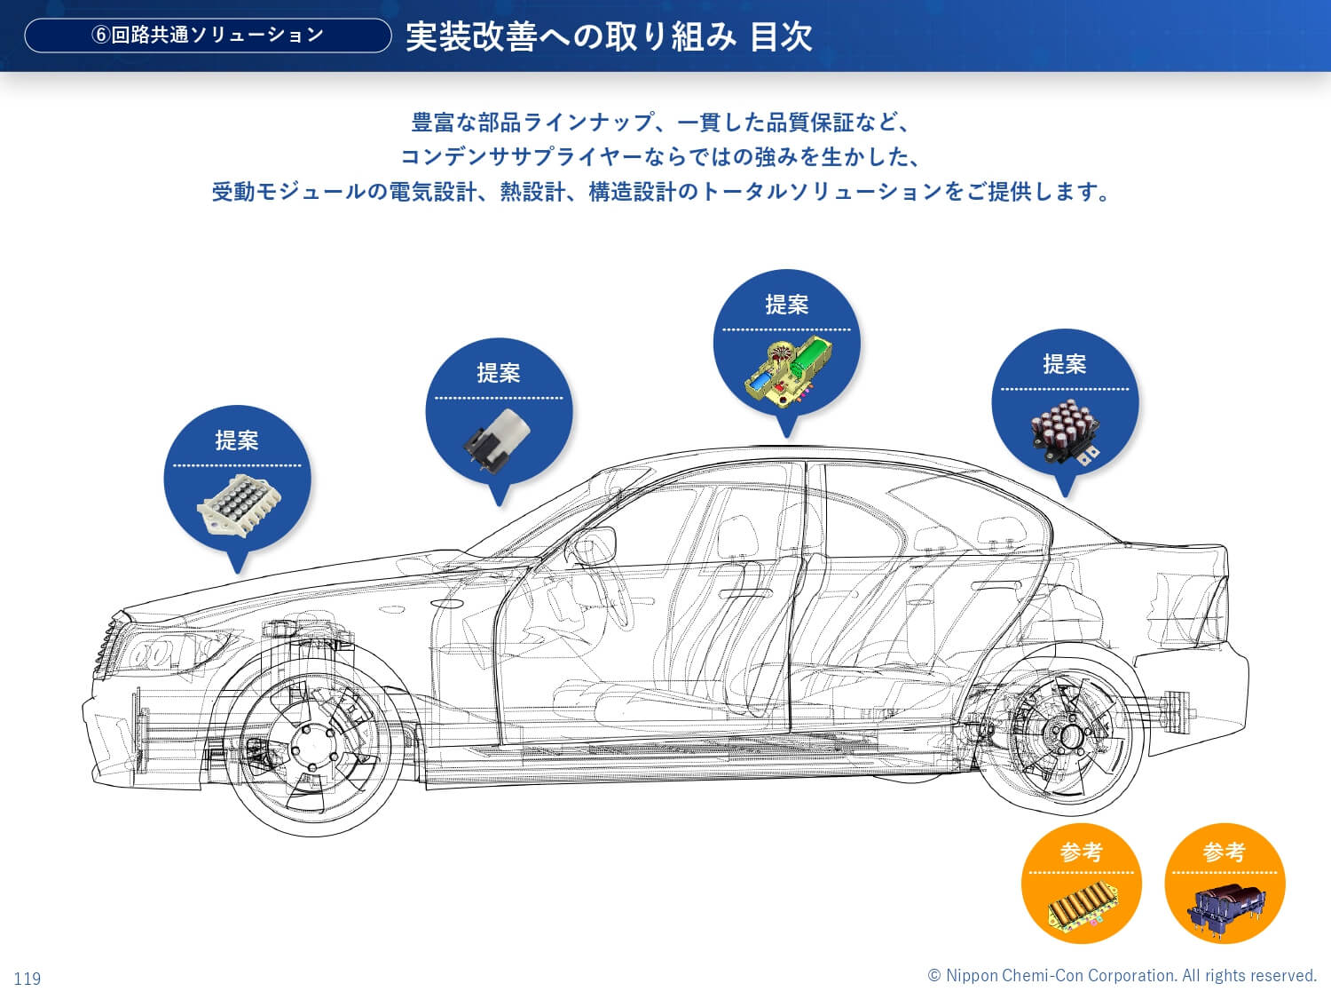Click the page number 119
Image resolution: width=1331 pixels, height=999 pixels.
pos(28,979)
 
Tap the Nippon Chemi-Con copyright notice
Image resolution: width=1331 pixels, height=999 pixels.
pos(1122,976)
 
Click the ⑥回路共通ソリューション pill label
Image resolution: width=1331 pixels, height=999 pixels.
pos(208,36)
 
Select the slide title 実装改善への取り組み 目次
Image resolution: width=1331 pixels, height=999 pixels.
pos(609,36)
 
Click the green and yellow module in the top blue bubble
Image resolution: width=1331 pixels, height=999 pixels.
pos(786,369)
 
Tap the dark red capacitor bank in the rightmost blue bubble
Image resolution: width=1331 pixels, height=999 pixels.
pos(1065,430)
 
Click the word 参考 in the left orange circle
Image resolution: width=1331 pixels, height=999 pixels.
pos(1081,852)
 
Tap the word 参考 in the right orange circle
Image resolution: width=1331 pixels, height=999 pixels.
pos(1225,852)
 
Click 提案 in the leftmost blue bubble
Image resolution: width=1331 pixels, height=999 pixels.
pos(237,440)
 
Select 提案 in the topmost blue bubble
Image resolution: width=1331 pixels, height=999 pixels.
pos(786,305)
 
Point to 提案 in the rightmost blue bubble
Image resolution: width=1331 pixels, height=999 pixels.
pos(1065,364)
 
